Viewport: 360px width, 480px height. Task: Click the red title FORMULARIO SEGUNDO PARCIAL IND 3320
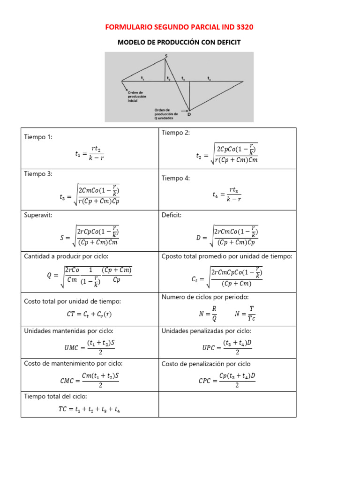click(x=180, y=27)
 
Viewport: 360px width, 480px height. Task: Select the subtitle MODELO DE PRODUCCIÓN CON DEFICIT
click(x=179, y=42)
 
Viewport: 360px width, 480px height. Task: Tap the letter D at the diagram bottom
click(x=189, y=114)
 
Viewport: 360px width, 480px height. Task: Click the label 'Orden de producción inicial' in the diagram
click(x=137, y=97)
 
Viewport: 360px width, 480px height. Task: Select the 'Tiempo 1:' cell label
click(x=38, y=137)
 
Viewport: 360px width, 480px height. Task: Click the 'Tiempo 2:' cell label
click(x=176, y=133)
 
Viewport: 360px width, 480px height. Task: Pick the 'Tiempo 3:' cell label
click(x=38, y=173)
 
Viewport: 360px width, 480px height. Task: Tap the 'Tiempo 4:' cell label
click(x=176, y=178)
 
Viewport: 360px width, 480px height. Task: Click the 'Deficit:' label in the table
click(x=172, y=215)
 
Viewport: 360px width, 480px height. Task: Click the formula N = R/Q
click(x=208, y=314)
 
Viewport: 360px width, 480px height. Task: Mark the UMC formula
click(x=89, y=347)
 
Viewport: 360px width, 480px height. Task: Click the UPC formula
click(x=227, y=347)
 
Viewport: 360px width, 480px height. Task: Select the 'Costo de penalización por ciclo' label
click(x=206, y=364)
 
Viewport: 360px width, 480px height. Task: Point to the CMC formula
click(x=89, y=380)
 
